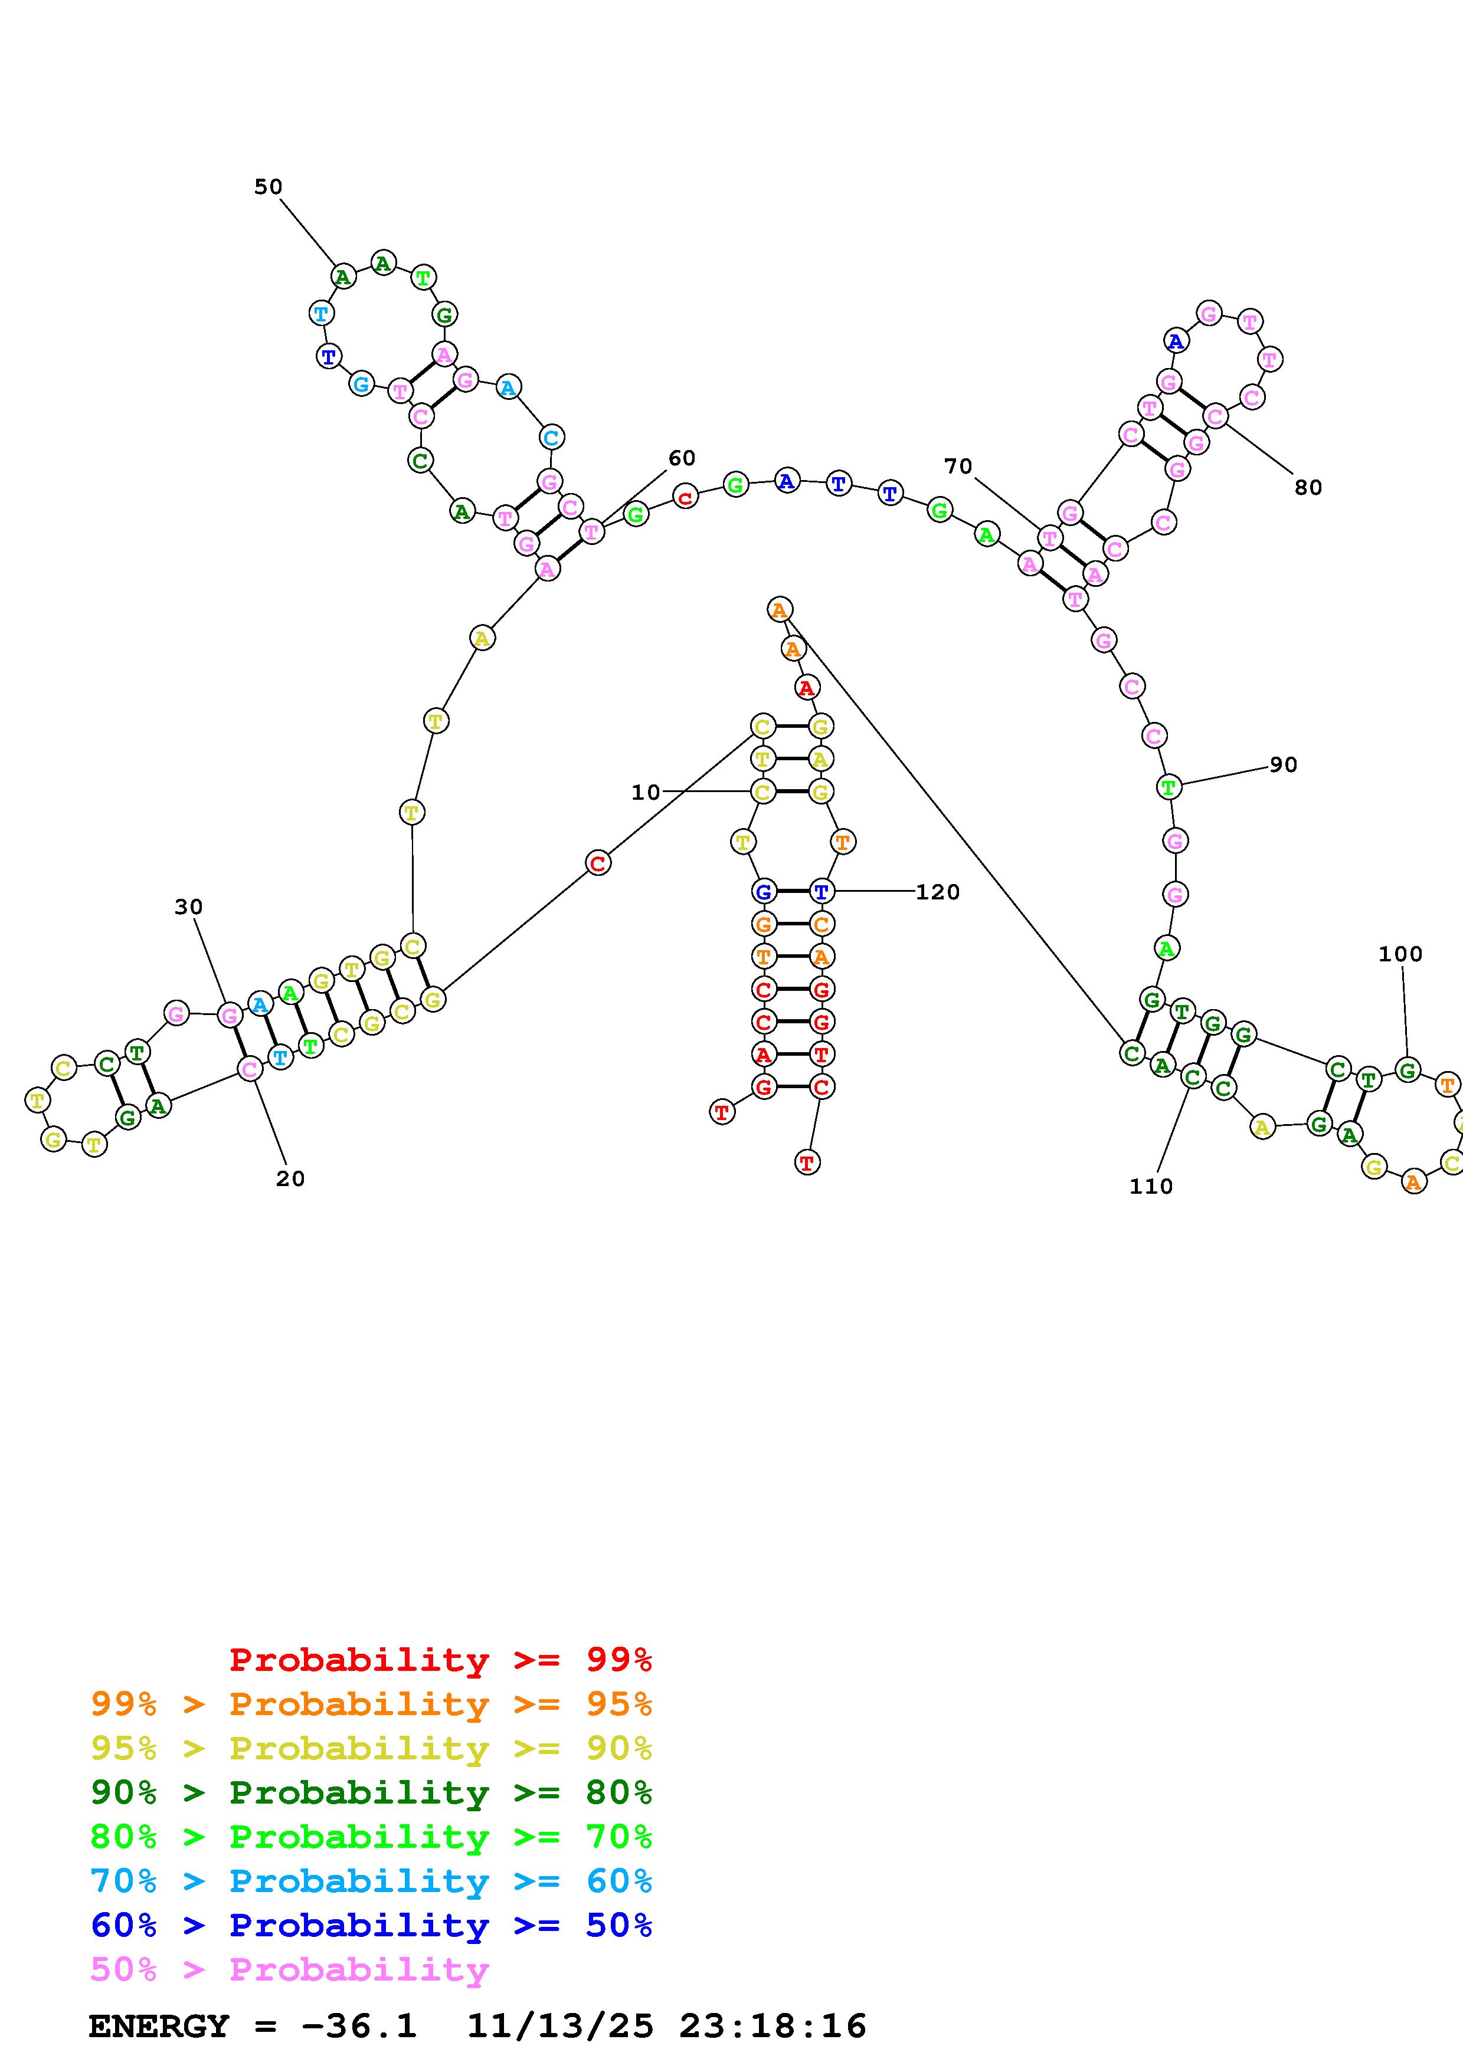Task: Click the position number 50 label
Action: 268,186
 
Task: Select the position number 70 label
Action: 958,466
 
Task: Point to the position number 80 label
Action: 1308,488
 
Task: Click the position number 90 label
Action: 1284,765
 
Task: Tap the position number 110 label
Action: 1151,1187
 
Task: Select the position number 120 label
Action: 938,892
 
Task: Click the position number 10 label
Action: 646,792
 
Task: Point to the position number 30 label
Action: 188,908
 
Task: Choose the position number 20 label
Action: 290,1178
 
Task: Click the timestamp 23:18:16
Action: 773,2027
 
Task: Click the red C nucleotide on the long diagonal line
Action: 598,863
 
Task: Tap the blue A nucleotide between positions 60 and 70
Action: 787,481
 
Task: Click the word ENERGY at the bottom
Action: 159,2027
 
